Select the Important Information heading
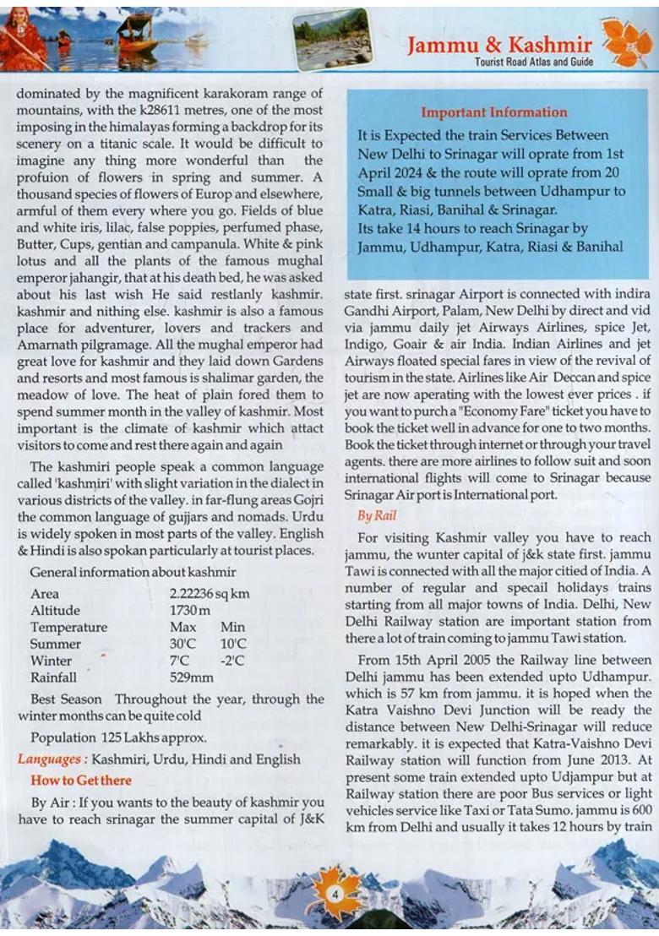(x=493, y=112)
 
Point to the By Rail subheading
(x=377, y=515)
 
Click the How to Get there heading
(x=81, y=780)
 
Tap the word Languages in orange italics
(x=52, y=759)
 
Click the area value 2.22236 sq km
(x=210, y=594)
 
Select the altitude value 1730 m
(x=190, y=610)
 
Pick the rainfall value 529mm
(x=192, y=677)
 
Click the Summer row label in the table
(x=56, y=644)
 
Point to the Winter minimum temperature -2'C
(x=231, y=661)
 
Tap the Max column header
(x=182, y=627)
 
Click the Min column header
(x=232, y=627)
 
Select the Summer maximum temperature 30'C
(x=182, y=644)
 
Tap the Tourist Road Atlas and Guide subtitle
(x=533, y=63)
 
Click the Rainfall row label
(x=53, y=677)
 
